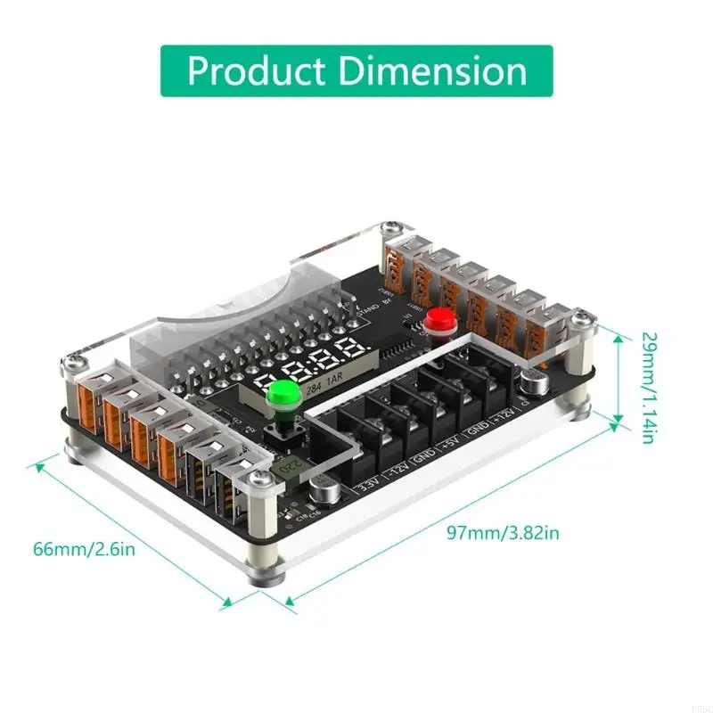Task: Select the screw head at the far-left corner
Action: [x=72, y=362]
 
